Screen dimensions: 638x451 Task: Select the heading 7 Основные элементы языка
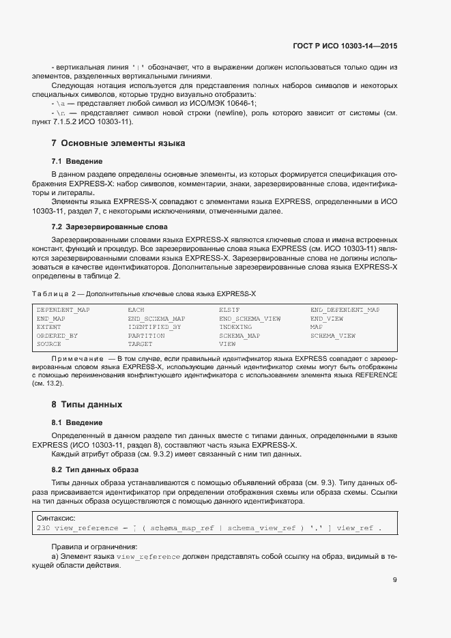click(x=117, y=143)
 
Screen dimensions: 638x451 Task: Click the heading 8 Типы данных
click(x=87, y=404)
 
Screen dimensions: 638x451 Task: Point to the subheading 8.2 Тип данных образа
click(x=96, y=469)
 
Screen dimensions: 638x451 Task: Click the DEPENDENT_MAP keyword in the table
click(x=63, y=310)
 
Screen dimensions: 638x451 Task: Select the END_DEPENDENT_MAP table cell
click(x=345, y=310)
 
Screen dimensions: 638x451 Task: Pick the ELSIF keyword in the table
click(x=229, y=310)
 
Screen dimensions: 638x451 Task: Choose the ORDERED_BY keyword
click(x=57, y=336)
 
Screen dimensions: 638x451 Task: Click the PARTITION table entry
click(x=146, y=336)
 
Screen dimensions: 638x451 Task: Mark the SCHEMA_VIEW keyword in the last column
click(x=332, y=336)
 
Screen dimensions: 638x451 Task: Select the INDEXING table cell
click(x=235, y=328)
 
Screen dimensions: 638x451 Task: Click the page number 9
click(x=395, y=581)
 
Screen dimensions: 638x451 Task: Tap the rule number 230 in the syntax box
click(x=42, y=529)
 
